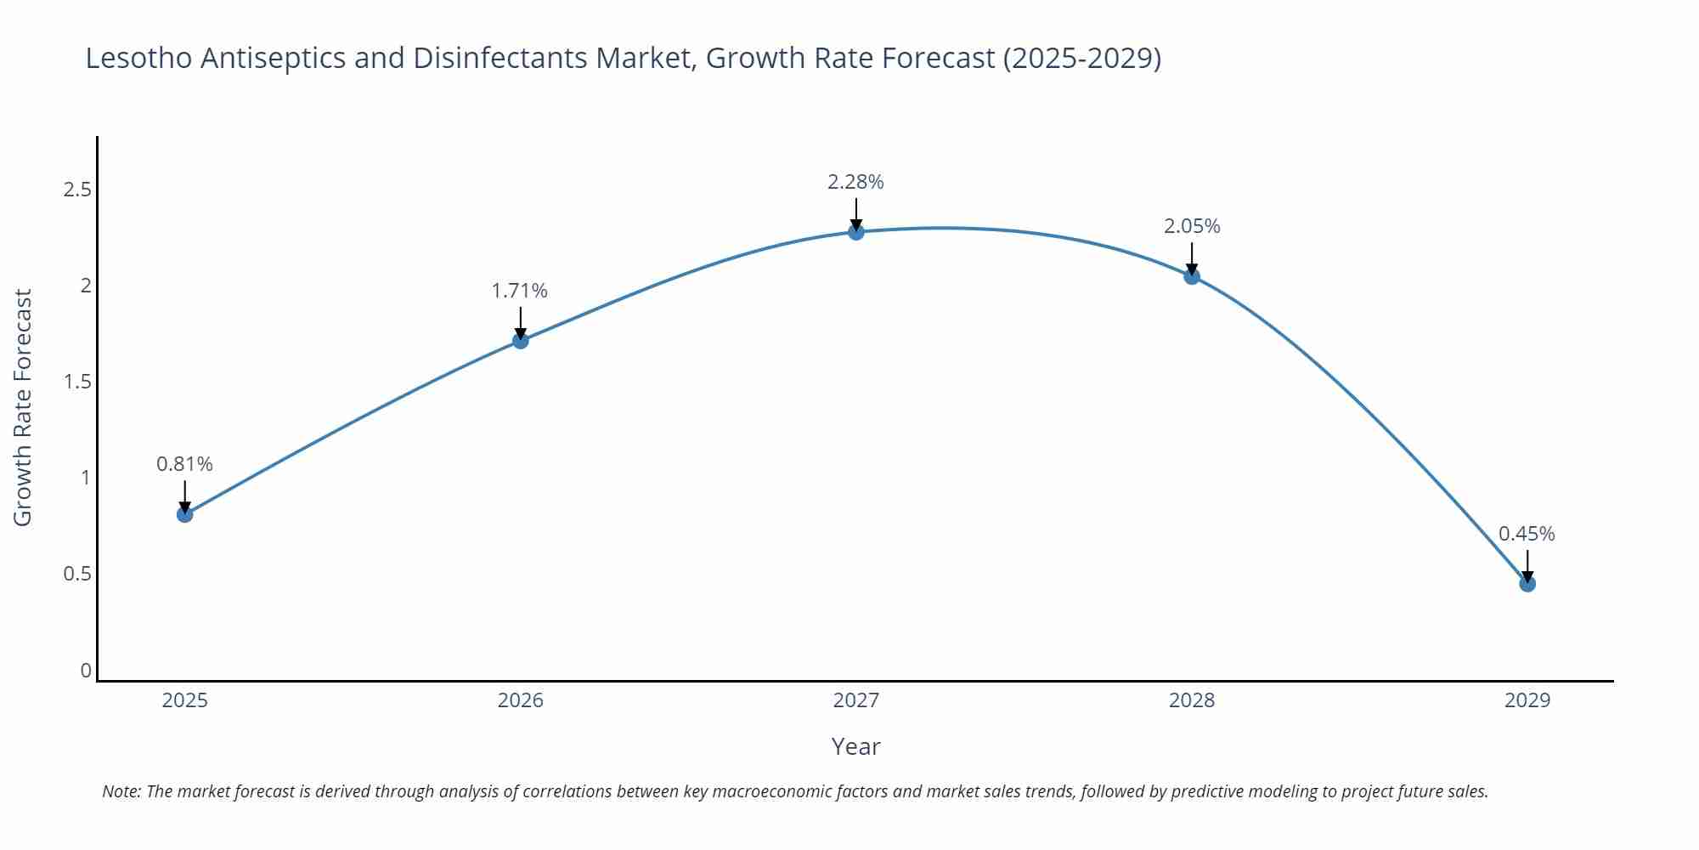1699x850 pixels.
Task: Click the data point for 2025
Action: click(185, 514)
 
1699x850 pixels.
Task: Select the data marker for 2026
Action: click(521, 341)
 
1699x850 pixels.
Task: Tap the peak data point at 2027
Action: click(856, 232)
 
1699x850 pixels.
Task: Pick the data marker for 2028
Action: click(1192, 276)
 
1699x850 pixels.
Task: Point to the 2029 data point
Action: click(1527, 584)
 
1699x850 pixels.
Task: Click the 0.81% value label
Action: click(184, 464)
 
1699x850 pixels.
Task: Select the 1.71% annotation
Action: click(520, 291)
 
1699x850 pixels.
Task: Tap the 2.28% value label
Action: click(855, 182)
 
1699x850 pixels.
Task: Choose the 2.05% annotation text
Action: click(1192, 226)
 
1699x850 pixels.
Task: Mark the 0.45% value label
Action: click(1527, 534)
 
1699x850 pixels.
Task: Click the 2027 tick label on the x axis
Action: click(856, 700)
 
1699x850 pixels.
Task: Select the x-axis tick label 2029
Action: click(1527, 700)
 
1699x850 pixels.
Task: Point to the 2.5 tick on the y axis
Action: click(77, 190)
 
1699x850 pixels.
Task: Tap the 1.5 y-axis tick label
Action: click(77, 382)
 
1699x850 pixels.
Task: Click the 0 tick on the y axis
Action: click(86, 671)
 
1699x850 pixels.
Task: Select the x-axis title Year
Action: click(855, 746)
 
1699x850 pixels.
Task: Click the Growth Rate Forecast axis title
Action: click(23, 407)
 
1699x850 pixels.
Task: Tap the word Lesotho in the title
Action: click(138, 58)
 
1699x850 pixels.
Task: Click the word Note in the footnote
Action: click(121, 791)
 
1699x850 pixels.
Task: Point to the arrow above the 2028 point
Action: click(1192, 258)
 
